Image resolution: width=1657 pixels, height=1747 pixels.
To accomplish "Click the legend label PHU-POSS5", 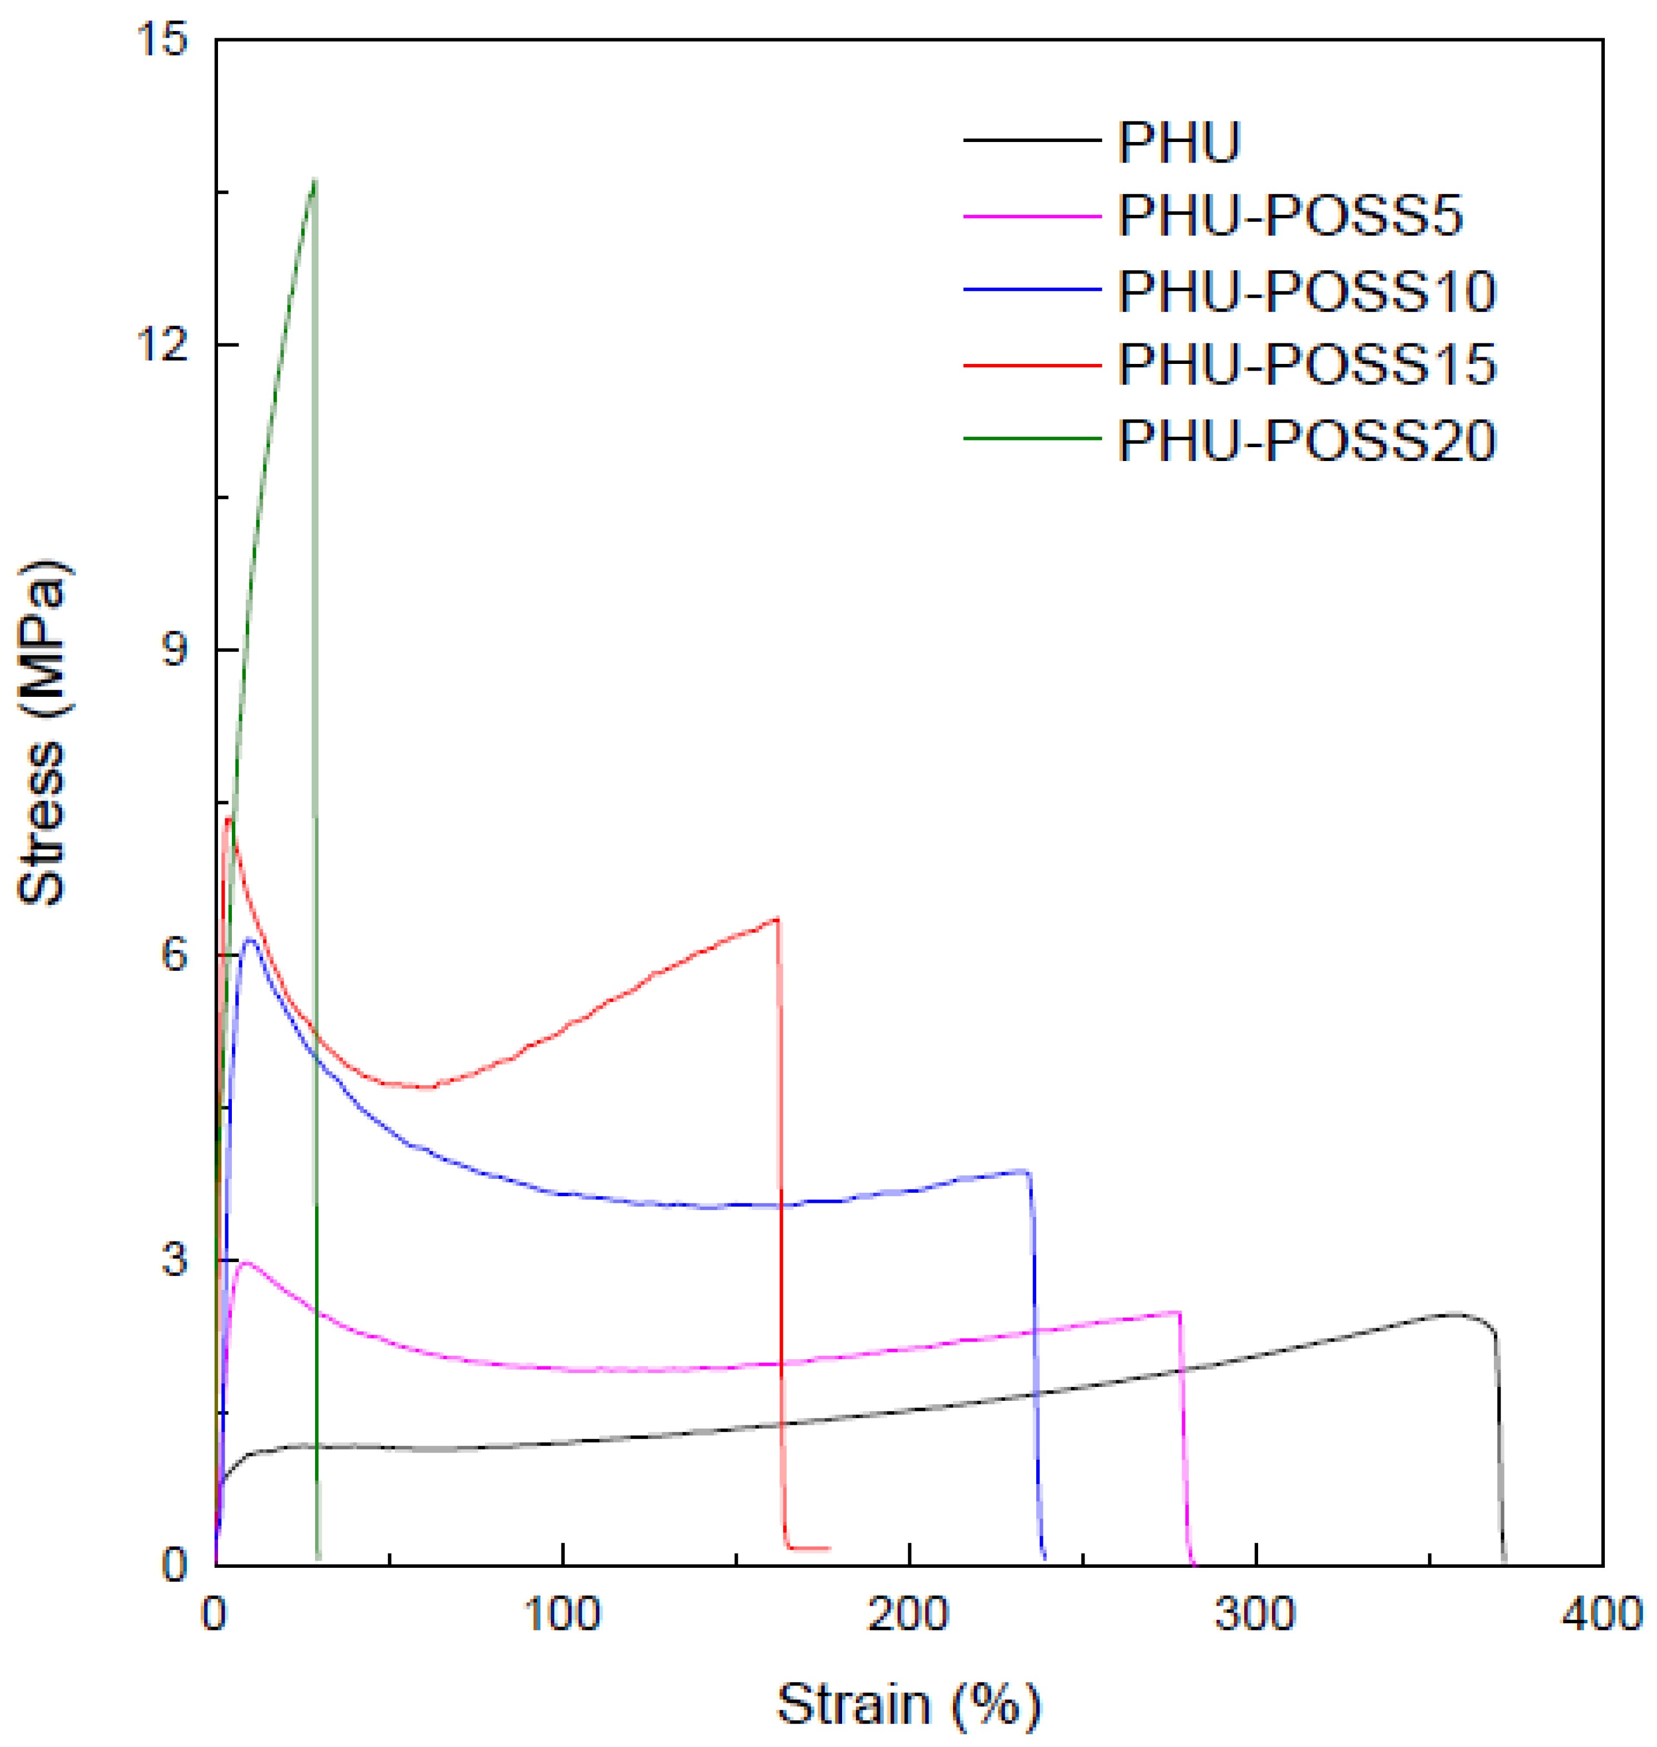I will [x=1290, y=215].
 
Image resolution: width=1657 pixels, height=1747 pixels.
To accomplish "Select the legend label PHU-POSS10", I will [x=1307, y=291].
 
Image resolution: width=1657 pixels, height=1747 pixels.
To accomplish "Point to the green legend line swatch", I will [x=1032, y=438].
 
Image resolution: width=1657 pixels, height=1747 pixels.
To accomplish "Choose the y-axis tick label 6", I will [x=174, y=955].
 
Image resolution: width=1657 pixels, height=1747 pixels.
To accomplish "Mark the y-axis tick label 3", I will [x=174, y=1259].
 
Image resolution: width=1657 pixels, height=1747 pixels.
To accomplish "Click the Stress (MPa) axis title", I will [x=42, y=732].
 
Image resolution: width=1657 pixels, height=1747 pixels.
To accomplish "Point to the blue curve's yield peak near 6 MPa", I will [x=250, y=939].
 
